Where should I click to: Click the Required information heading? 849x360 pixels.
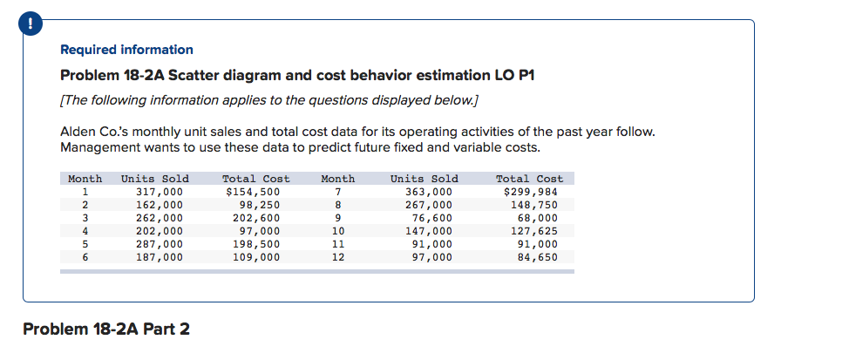click(126, 50)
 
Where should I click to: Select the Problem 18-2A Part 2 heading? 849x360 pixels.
click(105, 329)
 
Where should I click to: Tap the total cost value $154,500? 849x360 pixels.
click(253, 192)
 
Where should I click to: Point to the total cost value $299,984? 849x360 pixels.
click(531, 192)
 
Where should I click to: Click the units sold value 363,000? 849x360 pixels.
click(430, 192)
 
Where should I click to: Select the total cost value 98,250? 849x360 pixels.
click(259, 205)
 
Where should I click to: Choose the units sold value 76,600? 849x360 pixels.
click(433, 218)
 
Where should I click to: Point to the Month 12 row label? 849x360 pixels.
click(339, 257)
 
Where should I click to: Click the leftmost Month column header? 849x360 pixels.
click(85, 179)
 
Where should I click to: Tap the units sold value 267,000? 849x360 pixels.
click(430, 205)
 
